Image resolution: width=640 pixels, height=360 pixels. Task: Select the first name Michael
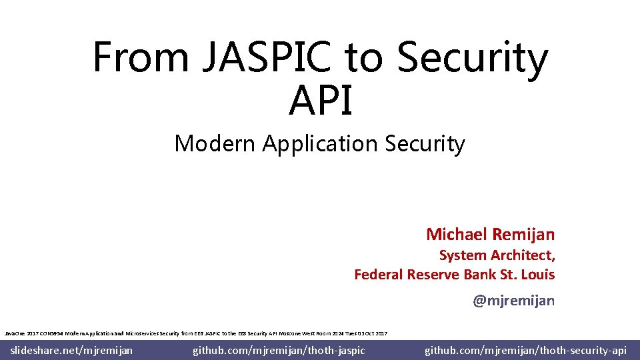[x=456, y=235]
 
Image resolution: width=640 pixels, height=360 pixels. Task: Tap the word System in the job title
[x=463, y=255]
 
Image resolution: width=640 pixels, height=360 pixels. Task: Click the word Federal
[x=378, y=275]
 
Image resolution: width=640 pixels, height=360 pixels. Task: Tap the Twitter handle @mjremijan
[x=513, y=301]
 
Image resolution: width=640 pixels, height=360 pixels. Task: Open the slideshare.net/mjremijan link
[x=72, y=350]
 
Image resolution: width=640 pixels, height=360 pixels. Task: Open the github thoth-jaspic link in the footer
[x=279, y=350]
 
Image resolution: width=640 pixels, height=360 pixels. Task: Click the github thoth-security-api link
[x=525, y=350]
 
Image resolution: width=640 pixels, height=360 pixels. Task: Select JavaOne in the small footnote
[x=15, y=333]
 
